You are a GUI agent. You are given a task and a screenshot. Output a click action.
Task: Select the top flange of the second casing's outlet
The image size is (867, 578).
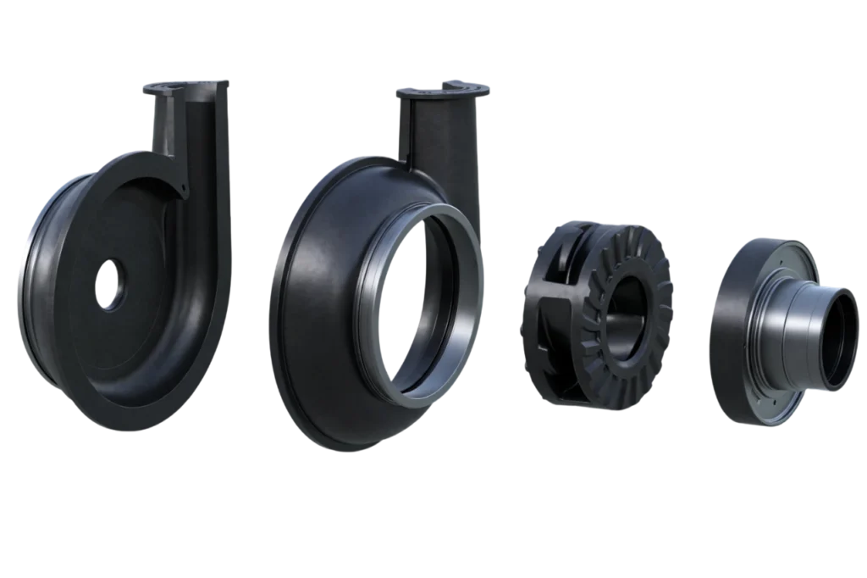pos(445,88)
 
